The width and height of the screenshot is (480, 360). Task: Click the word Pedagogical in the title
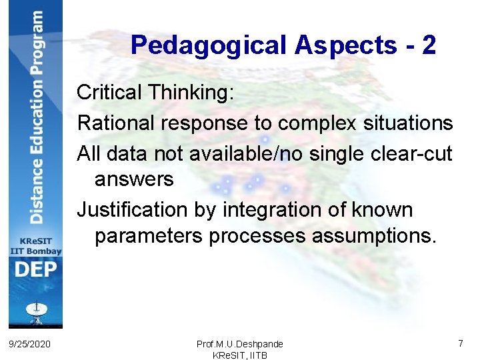click(207, 45)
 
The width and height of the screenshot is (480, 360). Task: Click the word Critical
click(109, 93)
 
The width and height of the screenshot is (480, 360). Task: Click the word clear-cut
click(415, 154)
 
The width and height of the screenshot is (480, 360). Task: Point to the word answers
click(134, 179)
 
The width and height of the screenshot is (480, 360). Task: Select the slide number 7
click(461, 343)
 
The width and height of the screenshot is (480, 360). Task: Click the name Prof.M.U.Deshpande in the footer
click(240, 344)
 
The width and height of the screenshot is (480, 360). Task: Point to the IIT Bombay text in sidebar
click(35, 251)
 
